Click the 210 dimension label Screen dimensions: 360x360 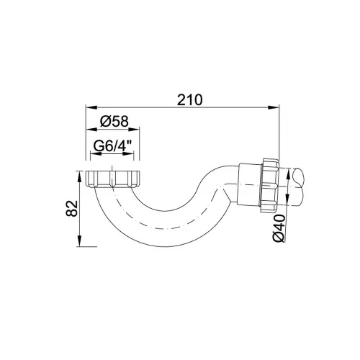(189, 99)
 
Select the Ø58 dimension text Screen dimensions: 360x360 (114, 121)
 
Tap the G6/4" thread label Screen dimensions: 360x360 (113, 145)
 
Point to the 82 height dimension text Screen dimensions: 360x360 (72, 208)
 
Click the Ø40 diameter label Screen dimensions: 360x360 (279, 228)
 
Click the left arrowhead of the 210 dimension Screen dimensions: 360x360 (91, 107)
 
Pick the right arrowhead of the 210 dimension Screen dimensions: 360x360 (274, 107)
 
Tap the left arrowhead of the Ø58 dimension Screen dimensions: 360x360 (91, 130)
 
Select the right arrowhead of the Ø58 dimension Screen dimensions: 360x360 (134, 130)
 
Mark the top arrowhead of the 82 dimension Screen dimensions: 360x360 (79, 176)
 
